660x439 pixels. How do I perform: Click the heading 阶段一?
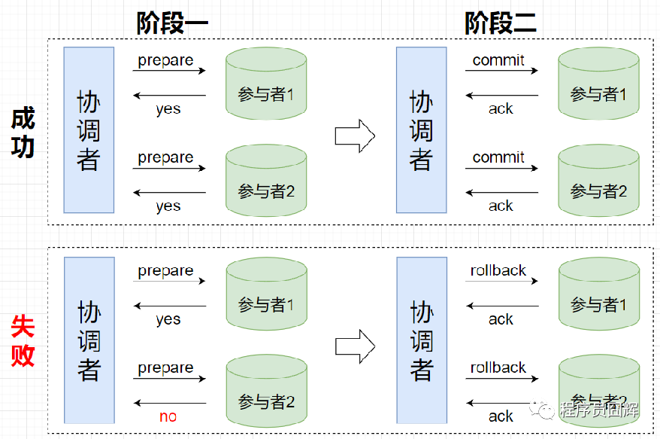[172, 23]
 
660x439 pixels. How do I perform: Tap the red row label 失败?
[23, 340]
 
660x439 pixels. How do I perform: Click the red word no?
[168, 416]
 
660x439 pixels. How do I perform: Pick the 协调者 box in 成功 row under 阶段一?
[89, 130]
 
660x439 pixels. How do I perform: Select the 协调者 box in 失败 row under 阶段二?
[421, 340]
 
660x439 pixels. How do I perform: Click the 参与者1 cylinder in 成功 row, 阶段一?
[266, 84]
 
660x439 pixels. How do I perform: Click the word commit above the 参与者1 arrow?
[498, 60]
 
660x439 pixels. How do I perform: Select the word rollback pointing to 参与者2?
[498, 367]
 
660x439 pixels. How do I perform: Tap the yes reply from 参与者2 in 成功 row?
[168, 206]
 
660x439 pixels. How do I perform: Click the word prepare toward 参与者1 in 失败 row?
[165, 270]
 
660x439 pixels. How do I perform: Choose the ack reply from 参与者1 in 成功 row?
[501, 109]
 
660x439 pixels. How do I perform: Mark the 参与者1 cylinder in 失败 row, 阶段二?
[598, 294]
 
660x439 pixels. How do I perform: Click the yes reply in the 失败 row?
[168, 319]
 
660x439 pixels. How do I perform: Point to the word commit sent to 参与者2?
[498, 157]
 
